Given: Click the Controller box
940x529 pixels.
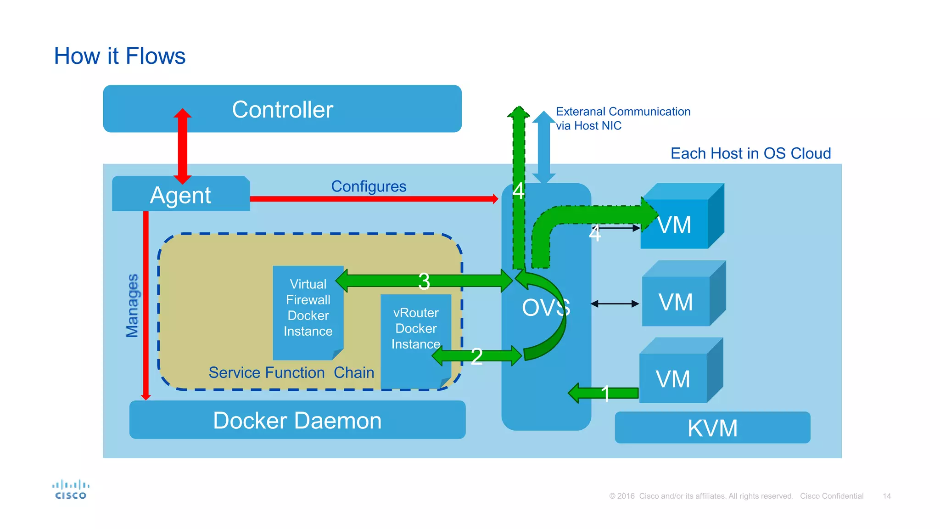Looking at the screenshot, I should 282,109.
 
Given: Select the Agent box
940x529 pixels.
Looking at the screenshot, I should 180,195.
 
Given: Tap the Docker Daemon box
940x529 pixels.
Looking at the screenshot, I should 297,420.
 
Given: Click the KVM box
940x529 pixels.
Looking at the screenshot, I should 712,428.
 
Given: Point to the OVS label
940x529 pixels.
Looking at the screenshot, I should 546,307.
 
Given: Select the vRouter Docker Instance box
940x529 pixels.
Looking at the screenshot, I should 415,328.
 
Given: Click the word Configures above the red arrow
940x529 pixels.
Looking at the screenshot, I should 369,186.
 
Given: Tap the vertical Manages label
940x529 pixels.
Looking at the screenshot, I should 132,305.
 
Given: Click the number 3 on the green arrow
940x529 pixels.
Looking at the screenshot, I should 424,281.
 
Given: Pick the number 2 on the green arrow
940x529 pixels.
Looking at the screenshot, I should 476,356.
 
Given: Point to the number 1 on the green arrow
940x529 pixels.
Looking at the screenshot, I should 605,394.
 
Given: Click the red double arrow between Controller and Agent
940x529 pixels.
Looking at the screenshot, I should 182,146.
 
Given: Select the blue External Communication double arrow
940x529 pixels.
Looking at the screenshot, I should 544,147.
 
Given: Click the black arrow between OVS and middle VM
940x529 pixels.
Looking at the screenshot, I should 615,304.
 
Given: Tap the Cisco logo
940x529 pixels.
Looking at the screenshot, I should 71,490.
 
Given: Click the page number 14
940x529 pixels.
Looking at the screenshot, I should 886,496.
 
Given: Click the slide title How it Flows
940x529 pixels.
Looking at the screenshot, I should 120,56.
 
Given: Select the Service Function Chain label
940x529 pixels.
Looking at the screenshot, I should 291,372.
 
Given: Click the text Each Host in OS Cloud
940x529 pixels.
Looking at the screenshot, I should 750,153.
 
